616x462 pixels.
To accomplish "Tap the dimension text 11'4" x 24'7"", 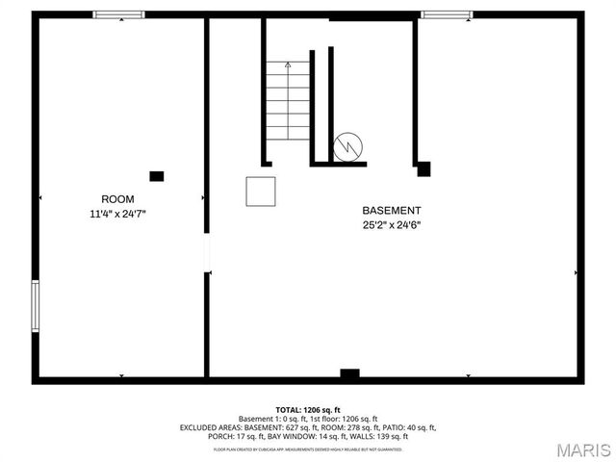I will coord(117,214).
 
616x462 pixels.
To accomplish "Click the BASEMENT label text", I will coord(391,210).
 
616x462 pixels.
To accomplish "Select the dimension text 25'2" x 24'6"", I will coord(391,226).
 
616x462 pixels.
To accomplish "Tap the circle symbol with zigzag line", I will coord(346,147).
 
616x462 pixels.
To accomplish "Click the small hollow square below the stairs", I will coord(261,191).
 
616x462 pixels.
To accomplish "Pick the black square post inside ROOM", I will coord(157,176).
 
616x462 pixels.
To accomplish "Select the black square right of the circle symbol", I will coord(423,168).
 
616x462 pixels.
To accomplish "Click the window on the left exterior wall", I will coord(36,306).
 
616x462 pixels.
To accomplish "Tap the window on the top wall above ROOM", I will coord(118,14).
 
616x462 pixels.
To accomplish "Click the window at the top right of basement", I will coord(447,14).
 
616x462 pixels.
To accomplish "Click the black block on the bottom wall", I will coord(349,373).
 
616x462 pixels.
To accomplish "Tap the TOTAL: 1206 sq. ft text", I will coord(308,410).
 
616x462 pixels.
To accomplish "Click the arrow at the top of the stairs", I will coord(288,64).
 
